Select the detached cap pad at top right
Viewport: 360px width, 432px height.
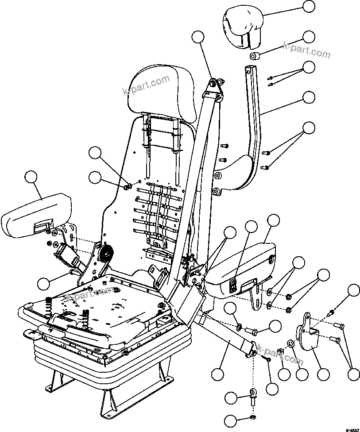242,27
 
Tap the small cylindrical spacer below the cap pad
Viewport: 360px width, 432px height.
254,57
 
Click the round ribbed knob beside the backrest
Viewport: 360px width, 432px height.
106,255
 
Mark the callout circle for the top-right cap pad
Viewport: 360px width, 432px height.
309,7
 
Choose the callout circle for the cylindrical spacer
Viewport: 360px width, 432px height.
309,37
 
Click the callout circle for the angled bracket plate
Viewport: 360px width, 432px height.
324,374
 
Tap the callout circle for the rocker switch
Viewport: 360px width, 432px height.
251,226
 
